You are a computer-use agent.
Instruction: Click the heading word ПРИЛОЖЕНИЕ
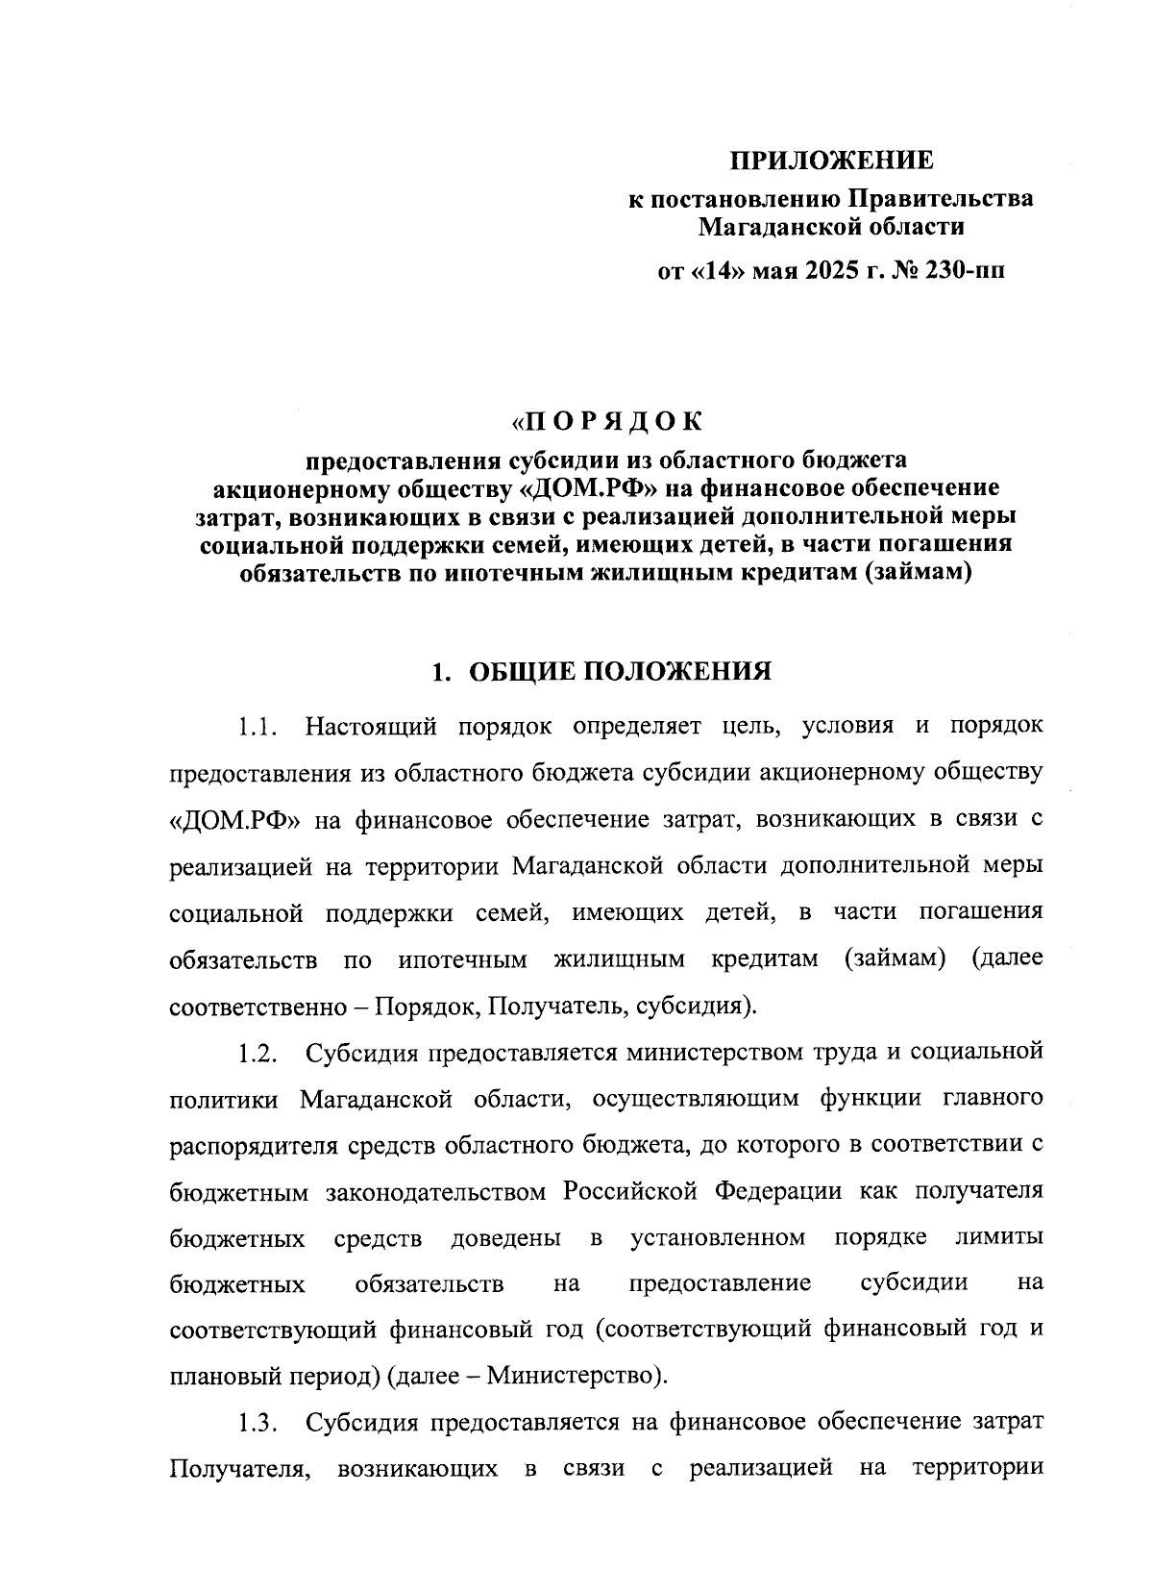click(830, 159)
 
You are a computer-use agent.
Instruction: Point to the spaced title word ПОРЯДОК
click(607, 421)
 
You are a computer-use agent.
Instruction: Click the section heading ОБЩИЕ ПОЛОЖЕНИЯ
click(620, 671)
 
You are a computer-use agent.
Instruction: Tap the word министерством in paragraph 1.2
click(702, 1052)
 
